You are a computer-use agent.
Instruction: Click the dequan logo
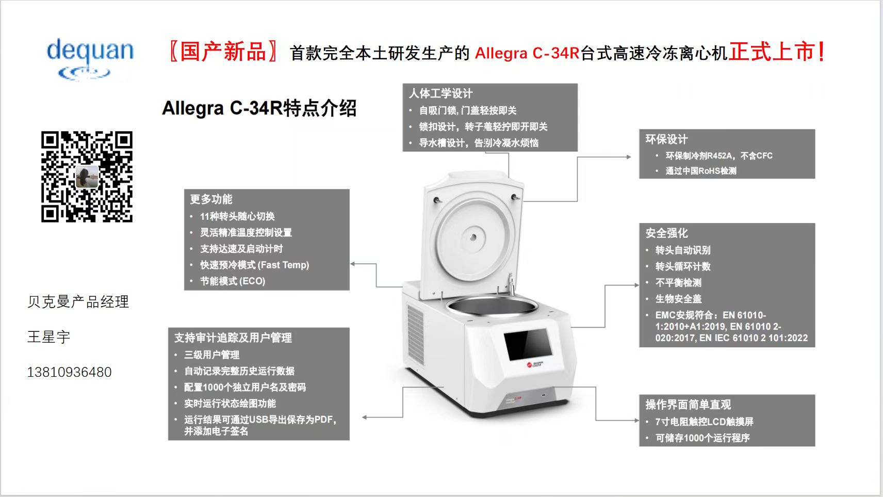click(x=90, y=59)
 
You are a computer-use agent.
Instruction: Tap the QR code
click(x=87, y=177)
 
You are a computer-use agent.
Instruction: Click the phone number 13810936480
click(x=70, y=372)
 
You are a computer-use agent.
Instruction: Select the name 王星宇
click(x=48, y=337)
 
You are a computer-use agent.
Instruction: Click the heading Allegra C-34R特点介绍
click(x=259, y=108)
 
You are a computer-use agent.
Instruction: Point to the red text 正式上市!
click(x=776, y=52)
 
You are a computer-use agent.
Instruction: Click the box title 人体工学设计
click(x=440, y=93)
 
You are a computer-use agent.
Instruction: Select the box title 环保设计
click(x=666, y=139)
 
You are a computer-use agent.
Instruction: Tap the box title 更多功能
click(x=211, y=199)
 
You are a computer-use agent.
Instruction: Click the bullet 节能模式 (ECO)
click(x=233, y=281)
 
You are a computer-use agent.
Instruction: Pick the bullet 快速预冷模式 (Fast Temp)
click(x=255, y=265)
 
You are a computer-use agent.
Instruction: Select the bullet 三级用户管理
click(x=211, y=355)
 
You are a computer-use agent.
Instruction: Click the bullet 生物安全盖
click(x=678, y=299)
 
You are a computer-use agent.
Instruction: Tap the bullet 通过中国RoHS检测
click(x=701, y=171)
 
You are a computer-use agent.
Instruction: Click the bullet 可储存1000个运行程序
click(x=702, y=438)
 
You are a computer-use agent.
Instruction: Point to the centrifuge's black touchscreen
click(x=527, y=344)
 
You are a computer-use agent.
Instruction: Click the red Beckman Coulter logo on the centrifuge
click(x=529, y=365)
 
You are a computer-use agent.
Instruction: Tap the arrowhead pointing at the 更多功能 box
click(x=352, y=264)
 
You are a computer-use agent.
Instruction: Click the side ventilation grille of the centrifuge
click(x=415, y=334)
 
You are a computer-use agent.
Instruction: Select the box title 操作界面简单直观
click(x=688, y=404)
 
